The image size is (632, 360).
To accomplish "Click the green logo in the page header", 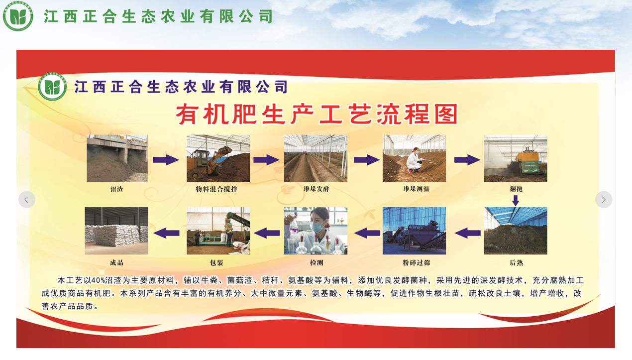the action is click(18, 16).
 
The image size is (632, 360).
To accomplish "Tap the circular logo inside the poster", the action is click(52, 87).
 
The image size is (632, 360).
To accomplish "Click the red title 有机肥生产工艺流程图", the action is click(316, 114).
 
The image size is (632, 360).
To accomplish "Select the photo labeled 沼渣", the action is click(117, 158).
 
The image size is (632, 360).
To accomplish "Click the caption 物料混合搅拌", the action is click(216, 189).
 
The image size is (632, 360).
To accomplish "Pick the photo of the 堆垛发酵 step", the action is click(316, 158).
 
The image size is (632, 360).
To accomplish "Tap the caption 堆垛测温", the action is click(417, 189).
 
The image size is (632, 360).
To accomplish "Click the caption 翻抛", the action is click(516, 189).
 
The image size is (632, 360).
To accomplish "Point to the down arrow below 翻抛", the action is click(516, 201).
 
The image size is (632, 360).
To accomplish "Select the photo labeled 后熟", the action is click(516, 231).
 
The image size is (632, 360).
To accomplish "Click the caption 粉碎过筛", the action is click(417, 263).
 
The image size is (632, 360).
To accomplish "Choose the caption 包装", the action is click(216, 263).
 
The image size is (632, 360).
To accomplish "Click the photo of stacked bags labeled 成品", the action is click(116, 231).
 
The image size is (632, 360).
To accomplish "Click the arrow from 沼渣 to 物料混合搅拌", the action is click(166, 160).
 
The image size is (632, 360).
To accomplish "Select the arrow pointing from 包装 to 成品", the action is click(167, 233).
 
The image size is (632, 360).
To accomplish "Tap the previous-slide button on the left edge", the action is click(27, 200).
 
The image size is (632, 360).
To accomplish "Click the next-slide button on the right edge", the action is click(604, 200).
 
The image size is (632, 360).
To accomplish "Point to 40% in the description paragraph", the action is click(98, 280).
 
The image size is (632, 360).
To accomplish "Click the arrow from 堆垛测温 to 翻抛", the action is click(467, 160).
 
